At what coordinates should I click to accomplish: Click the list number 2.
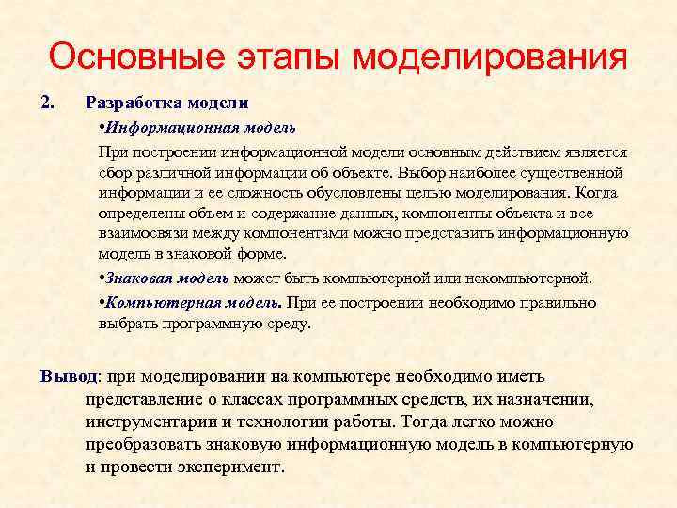[48, 101]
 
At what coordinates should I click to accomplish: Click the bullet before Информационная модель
[102, 126]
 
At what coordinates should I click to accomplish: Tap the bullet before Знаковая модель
[102, 278]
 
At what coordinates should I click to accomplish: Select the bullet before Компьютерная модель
[102, 303]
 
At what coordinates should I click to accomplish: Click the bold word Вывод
[66, 376]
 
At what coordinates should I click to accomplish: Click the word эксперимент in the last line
[235, 467]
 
